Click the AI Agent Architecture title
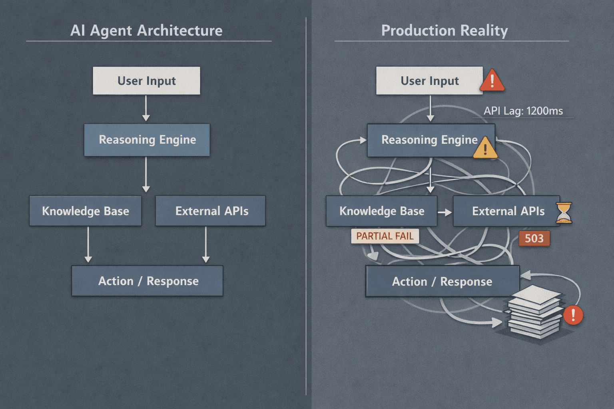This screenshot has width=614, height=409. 146,31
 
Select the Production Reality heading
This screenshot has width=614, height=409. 444,31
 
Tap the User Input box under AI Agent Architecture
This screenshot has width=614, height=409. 146,81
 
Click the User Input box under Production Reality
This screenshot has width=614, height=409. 429,81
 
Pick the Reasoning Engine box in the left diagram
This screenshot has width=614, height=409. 147,140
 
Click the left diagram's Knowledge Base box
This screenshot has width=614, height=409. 86,211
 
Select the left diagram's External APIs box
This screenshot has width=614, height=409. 211,211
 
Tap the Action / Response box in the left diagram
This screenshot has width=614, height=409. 148,281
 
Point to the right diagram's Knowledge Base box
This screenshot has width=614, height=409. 381,211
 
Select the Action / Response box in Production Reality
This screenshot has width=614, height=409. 442,282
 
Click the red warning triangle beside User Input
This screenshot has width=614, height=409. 492,81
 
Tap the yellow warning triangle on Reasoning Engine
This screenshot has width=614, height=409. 485,149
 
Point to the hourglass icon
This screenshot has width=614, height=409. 564,212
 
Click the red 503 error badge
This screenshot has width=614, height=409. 534,238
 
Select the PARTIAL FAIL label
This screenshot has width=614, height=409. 385,236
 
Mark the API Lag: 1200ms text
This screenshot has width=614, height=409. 523,111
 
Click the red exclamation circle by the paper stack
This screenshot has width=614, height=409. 573,315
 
